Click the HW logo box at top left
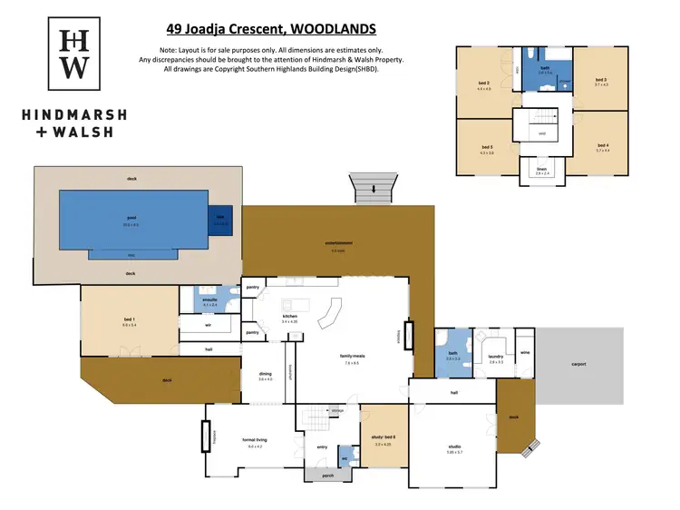tap(74, 54)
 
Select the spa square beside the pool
tap(219, 218)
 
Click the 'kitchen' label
tap(289, 318)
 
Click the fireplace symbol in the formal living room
tap(206, 436)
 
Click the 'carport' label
tap(578, 364)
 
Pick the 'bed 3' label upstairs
tap(600, 80)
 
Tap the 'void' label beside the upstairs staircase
tap(542, 133)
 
